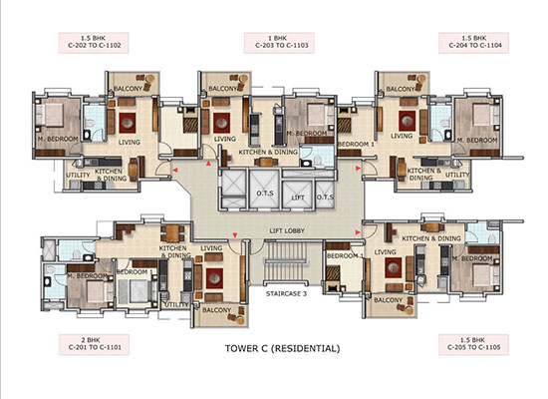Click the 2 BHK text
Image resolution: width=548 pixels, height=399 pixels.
point(79,338)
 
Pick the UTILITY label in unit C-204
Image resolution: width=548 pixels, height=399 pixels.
point(457,175)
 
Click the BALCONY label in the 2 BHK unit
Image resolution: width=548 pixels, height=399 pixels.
point(211,310)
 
